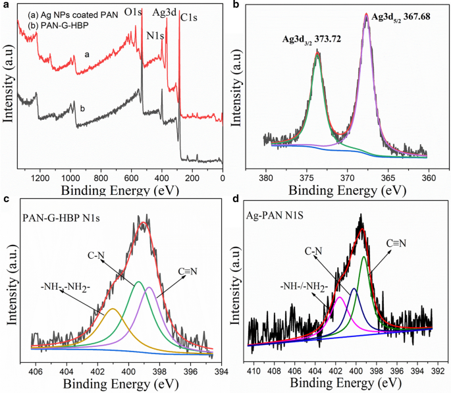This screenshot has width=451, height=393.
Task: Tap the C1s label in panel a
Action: coord(191,16)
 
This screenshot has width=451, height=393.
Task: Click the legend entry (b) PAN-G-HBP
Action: coord(49,25)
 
